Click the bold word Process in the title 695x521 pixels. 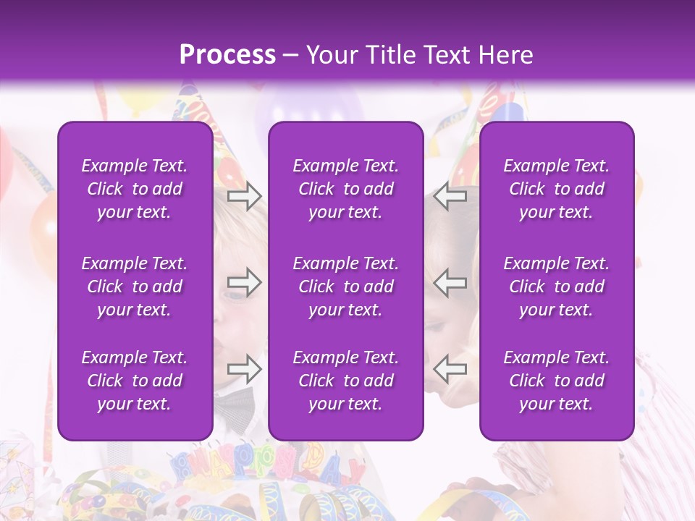(x=227, y=54)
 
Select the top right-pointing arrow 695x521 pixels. (x=244, y=195)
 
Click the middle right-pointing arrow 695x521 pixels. (x=244, y=283)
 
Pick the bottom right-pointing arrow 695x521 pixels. (x=244, y=369)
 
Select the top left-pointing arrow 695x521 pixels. (x=450, y=195)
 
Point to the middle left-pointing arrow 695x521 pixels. (x=450, y=283)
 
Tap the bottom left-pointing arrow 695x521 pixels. (x=450, y=369)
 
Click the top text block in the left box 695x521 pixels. (x=135, y=189)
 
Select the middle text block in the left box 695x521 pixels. (x=135, y=287)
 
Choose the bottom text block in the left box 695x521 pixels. (x=135, y=381)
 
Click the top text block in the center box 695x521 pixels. (x=345, y=189)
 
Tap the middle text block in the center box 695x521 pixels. (x=345, y=287)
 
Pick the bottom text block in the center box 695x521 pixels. (x=345, y=381)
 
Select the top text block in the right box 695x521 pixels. (x=556, y=189)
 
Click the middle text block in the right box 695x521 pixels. (x=556, y=287)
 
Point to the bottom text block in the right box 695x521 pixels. (x=556, y=381)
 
